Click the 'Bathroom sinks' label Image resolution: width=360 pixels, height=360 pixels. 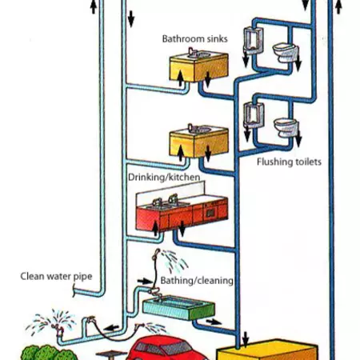pyautogui.click(x=195, y=38)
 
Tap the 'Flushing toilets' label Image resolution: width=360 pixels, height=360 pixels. pyautogui.click(x=289, y=162)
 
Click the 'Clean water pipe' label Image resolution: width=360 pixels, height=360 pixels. pyautogui.click(x=56, y=277)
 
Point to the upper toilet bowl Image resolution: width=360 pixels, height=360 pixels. pyautogui.click(x=284, y=53)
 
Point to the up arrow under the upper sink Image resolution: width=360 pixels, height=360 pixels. pyautogui.click(x=182, y=76)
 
